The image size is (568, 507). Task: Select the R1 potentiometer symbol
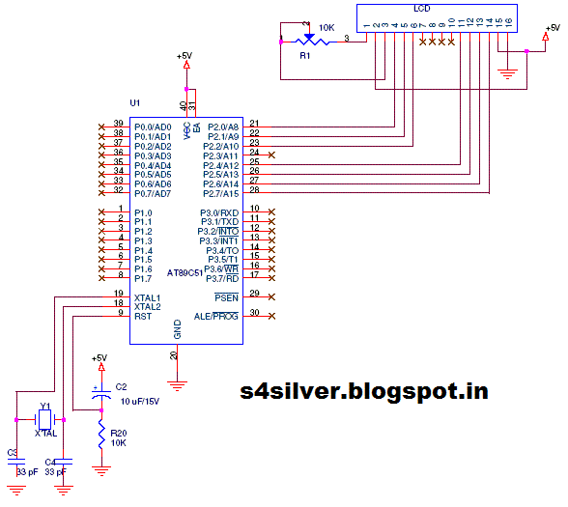[x=308, y=40]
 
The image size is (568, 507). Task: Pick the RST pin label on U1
[x=142, y=314]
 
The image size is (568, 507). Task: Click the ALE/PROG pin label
[x=216, y=315]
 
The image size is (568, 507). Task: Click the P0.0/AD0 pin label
[x=153, y=127]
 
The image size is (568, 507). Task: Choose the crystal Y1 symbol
[x=44, y=419]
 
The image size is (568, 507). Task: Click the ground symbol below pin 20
[x=177, y=384]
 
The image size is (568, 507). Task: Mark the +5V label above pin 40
[x=185, y=56]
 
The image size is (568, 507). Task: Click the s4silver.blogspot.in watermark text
[x=363, y=391]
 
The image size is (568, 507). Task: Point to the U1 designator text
[x=134, y=102]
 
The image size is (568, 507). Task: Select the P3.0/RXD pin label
[x=219, y=212]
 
